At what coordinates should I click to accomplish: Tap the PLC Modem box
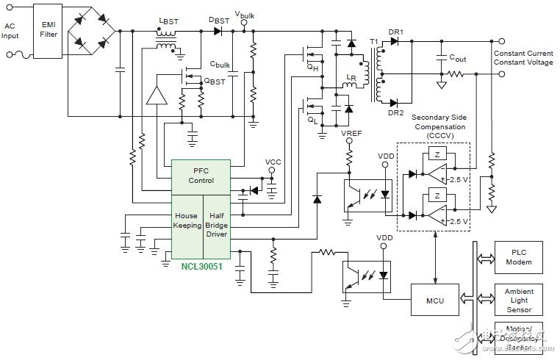pos(519,256)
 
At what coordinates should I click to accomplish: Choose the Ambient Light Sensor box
pos(519,298)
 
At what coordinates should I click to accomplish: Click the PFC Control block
pos(201,176)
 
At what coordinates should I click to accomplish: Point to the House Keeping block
pos(186,223)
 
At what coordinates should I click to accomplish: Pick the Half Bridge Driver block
pos(215,223)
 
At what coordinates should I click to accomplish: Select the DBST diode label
pos(219,20)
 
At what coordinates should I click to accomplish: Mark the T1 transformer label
pos(374,38)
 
